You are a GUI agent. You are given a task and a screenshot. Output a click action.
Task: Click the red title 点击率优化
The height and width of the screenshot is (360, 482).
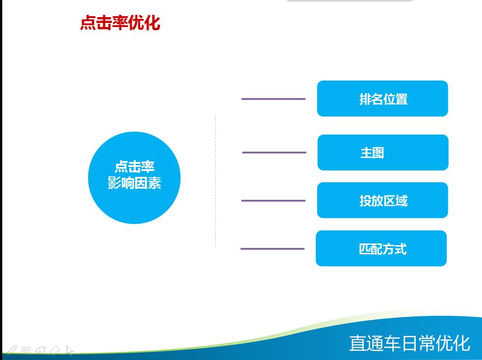[x=120, y=23]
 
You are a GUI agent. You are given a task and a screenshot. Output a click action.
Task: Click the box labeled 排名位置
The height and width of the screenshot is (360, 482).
[x=382, y=99]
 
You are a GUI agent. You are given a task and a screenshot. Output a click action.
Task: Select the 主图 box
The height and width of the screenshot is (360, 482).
[x=383, y=153]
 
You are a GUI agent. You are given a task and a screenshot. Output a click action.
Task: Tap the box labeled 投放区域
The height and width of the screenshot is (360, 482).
[x=382, y=200]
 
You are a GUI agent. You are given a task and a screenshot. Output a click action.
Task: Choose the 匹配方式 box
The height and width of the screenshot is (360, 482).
[x=381, y=248]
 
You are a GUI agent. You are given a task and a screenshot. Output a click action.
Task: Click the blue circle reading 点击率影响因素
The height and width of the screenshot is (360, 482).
[x=134, y=178]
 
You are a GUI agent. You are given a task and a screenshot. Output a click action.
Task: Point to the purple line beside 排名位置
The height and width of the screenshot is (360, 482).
[x=273, y=99]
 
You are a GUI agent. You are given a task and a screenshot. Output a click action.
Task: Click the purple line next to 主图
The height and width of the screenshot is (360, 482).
[x=274, y=153]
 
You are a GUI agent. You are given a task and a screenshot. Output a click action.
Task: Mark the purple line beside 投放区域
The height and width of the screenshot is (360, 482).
[x=273, y=201]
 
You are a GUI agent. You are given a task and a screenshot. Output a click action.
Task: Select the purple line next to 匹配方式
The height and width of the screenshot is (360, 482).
[x=273, y=249]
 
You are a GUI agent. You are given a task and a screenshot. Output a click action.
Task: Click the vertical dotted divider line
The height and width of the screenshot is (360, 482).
[x=215, y=181]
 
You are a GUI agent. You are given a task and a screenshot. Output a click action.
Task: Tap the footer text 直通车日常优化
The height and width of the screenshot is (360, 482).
[x=409, y=343]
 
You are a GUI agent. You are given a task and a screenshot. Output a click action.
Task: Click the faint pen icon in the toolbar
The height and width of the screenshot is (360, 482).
[x=11, y=351]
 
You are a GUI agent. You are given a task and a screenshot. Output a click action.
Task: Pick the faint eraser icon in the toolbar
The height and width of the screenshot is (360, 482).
[x=55, y=351]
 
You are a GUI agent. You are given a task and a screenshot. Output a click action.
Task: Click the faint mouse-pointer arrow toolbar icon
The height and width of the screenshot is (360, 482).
[x=70, y=351]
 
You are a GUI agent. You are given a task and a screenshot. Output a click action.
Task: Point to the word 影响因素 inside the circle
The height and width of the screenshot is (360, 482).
[x=134, y=183]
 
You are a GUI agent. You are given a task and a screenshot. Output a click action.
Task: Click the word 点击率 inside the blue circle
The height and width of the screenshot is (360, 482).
[x=134, y=166]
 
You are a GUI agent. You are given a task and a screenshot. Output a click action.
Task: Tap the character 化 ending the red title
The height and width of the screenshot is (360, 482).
[x=152, y=23]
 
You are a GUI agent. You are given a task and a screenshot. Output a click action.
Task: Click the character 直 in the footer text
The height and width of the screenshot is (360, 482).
[x=357, y=343]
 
